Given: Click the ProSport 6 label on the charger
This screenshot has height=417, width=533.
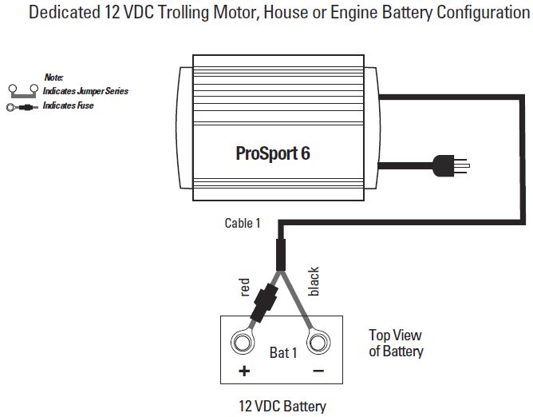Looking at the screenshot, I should click(x=273, y=153).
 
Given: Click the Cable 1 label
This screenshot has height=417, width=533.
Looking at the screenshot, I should click(x=242, y=223).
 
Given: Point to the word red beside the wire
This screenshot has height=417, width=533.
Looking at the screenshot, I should click(x=245, y=288).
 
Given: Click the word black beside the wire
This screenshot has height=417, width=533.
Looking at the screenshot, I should click(x=314, y=282).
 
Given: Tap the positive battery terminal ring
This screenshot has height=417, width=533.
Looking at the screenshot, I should click(x=242, y=343).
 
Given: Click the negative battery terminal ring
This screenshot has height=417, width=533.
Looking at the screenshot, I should click(x=318, y=344).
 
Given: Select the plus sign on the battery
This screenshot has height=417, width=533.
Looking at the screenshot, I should click(x=244, y=371).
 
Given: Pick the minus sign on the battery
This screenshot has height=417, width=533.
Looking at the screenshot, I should click(x=318, y=371).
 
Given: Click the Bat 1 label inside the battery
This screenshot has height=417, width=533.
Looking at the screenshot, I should click(x=282, y=352).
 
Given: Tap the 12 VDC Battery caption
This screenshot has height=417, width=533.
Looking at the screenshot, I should click(x=282, y=405).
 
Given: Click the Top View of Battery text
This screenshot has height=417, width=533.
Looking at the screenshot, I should click(x=395, y=344).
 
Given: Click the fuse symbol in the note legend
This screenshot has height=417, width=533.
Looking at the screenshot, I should click(x=22, y=105).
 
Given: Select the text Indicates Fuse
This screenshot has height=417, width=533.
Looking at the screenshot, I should click(x=68, y=105).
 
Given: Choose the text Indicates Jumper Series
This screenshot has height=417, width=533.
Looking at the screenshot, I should click(x=85, y=91).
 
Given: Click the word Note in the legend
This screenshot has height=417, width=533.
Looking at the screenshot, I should click(x=53, y=77).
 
